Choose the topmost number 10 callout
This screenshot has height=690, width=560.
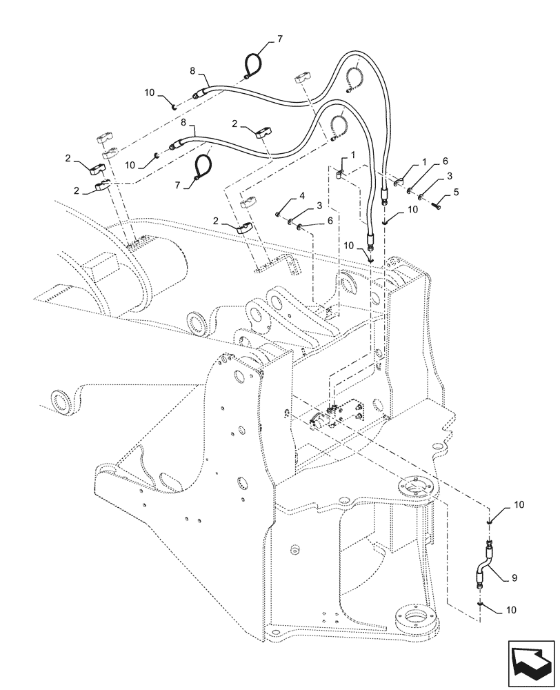pyautogui.click(x=150, y=93)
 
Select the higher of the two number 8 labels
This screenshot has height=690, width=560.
pyautogui.click(x=193, y=70)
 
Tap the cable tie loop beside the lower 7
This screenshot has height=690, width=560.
pyautogui.click(x=201, y=168)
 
